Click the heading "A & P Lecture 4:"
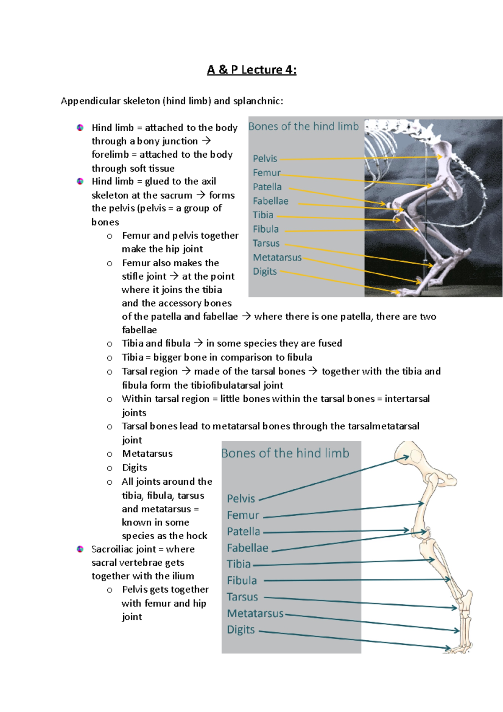(x=251, y=69)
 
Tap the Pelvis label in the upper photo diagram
(x=265, y=159)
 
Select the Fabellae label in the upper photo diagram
(x=270, y=201)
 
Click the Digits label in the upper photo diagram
(x=264, y=271)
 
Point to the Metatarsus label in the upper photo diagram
(x=277, y=257)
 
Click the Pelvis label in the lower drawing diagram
(x=241, y=499)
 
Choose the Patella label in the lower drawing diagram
(x=243, y=531)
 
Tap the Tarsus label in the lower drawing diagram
(x=242, y=597)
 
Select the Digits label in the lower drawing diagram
(x=241, y=629)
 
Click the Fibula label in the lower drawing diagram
(x=242, y=580)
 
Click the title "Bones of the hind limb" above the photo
(x=303, y=126)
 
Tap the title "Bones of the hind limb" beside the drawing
(x=285, y=453)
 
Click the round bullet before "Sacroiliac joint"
(x=80, y=549)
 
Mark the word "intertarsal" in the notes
(x=407, y=398)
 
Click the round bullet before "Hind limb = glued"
(x=80, y=181)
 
